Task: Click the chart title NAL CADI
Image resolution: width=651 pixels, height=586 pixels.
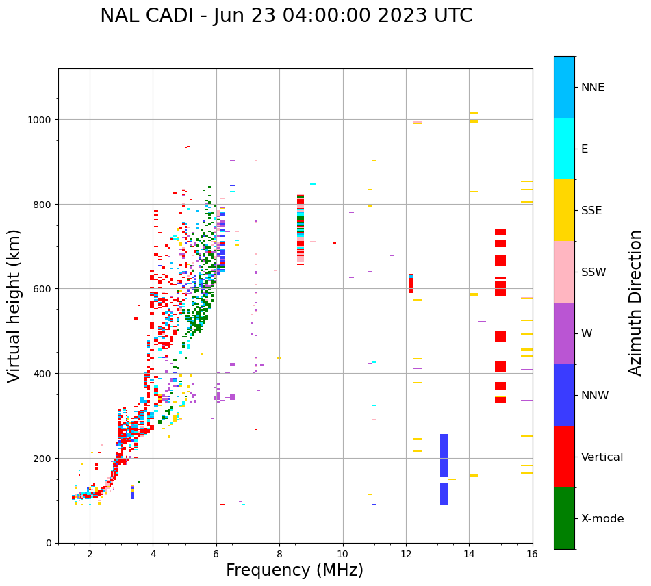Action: click(286, 16)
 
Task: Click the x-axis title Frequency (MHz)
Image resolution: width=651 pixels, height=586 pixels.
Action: click(294, 570)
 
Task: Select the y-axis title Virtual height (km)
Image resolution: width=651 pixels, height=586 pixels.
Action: click(14, 305)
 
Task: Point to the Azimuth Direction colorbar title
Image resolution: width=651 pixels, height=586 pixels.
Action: click(636, 303)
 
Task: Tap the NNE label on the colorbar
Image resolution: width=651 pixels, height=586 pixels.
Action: click(593, 88)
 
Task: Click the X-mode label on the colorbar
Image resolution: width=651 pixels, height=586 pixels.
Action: click(602, 519)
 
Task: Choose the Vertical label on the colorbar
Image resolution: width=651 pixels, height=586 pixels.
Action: click(602, 457)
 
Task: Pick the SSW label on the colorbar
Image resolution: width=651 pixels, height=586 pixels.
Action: click(593, 272)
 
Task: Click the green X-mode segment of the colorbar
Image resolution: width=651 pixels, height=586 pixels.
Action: click(564, 518)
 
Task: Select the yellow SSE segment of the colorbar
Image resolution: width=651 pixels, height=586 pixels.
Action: click(564, 210)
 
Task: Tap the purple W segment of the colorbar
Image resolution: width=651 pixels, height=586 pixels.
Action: click(564, 333)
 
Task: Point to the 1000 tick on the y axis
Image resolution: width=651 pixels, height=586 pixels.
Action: click(40, 120)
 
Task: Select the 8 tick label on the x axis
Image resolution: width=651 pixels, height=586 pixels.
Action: click(279, 555)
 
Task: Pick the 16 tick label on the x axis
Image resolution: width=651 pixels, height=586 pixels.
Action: click(532, 555)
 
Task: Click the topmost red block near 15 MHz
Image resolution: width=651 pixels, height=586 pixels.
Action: click(500, 233)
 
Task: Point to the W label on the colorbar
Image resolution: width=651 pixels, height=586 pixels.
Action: click(587, 334)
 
